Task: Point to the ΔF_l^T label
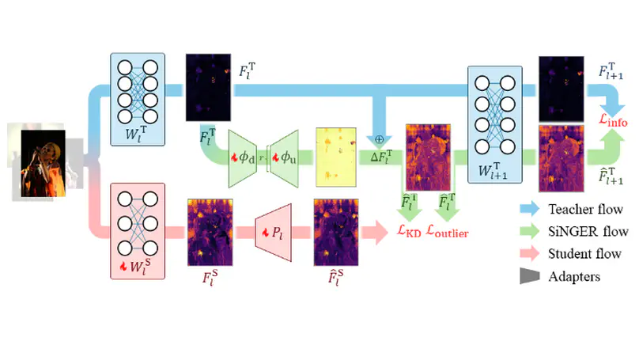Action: tap(384, 158)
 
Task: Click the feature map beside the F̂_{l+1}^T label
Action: tap(561, 158)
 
